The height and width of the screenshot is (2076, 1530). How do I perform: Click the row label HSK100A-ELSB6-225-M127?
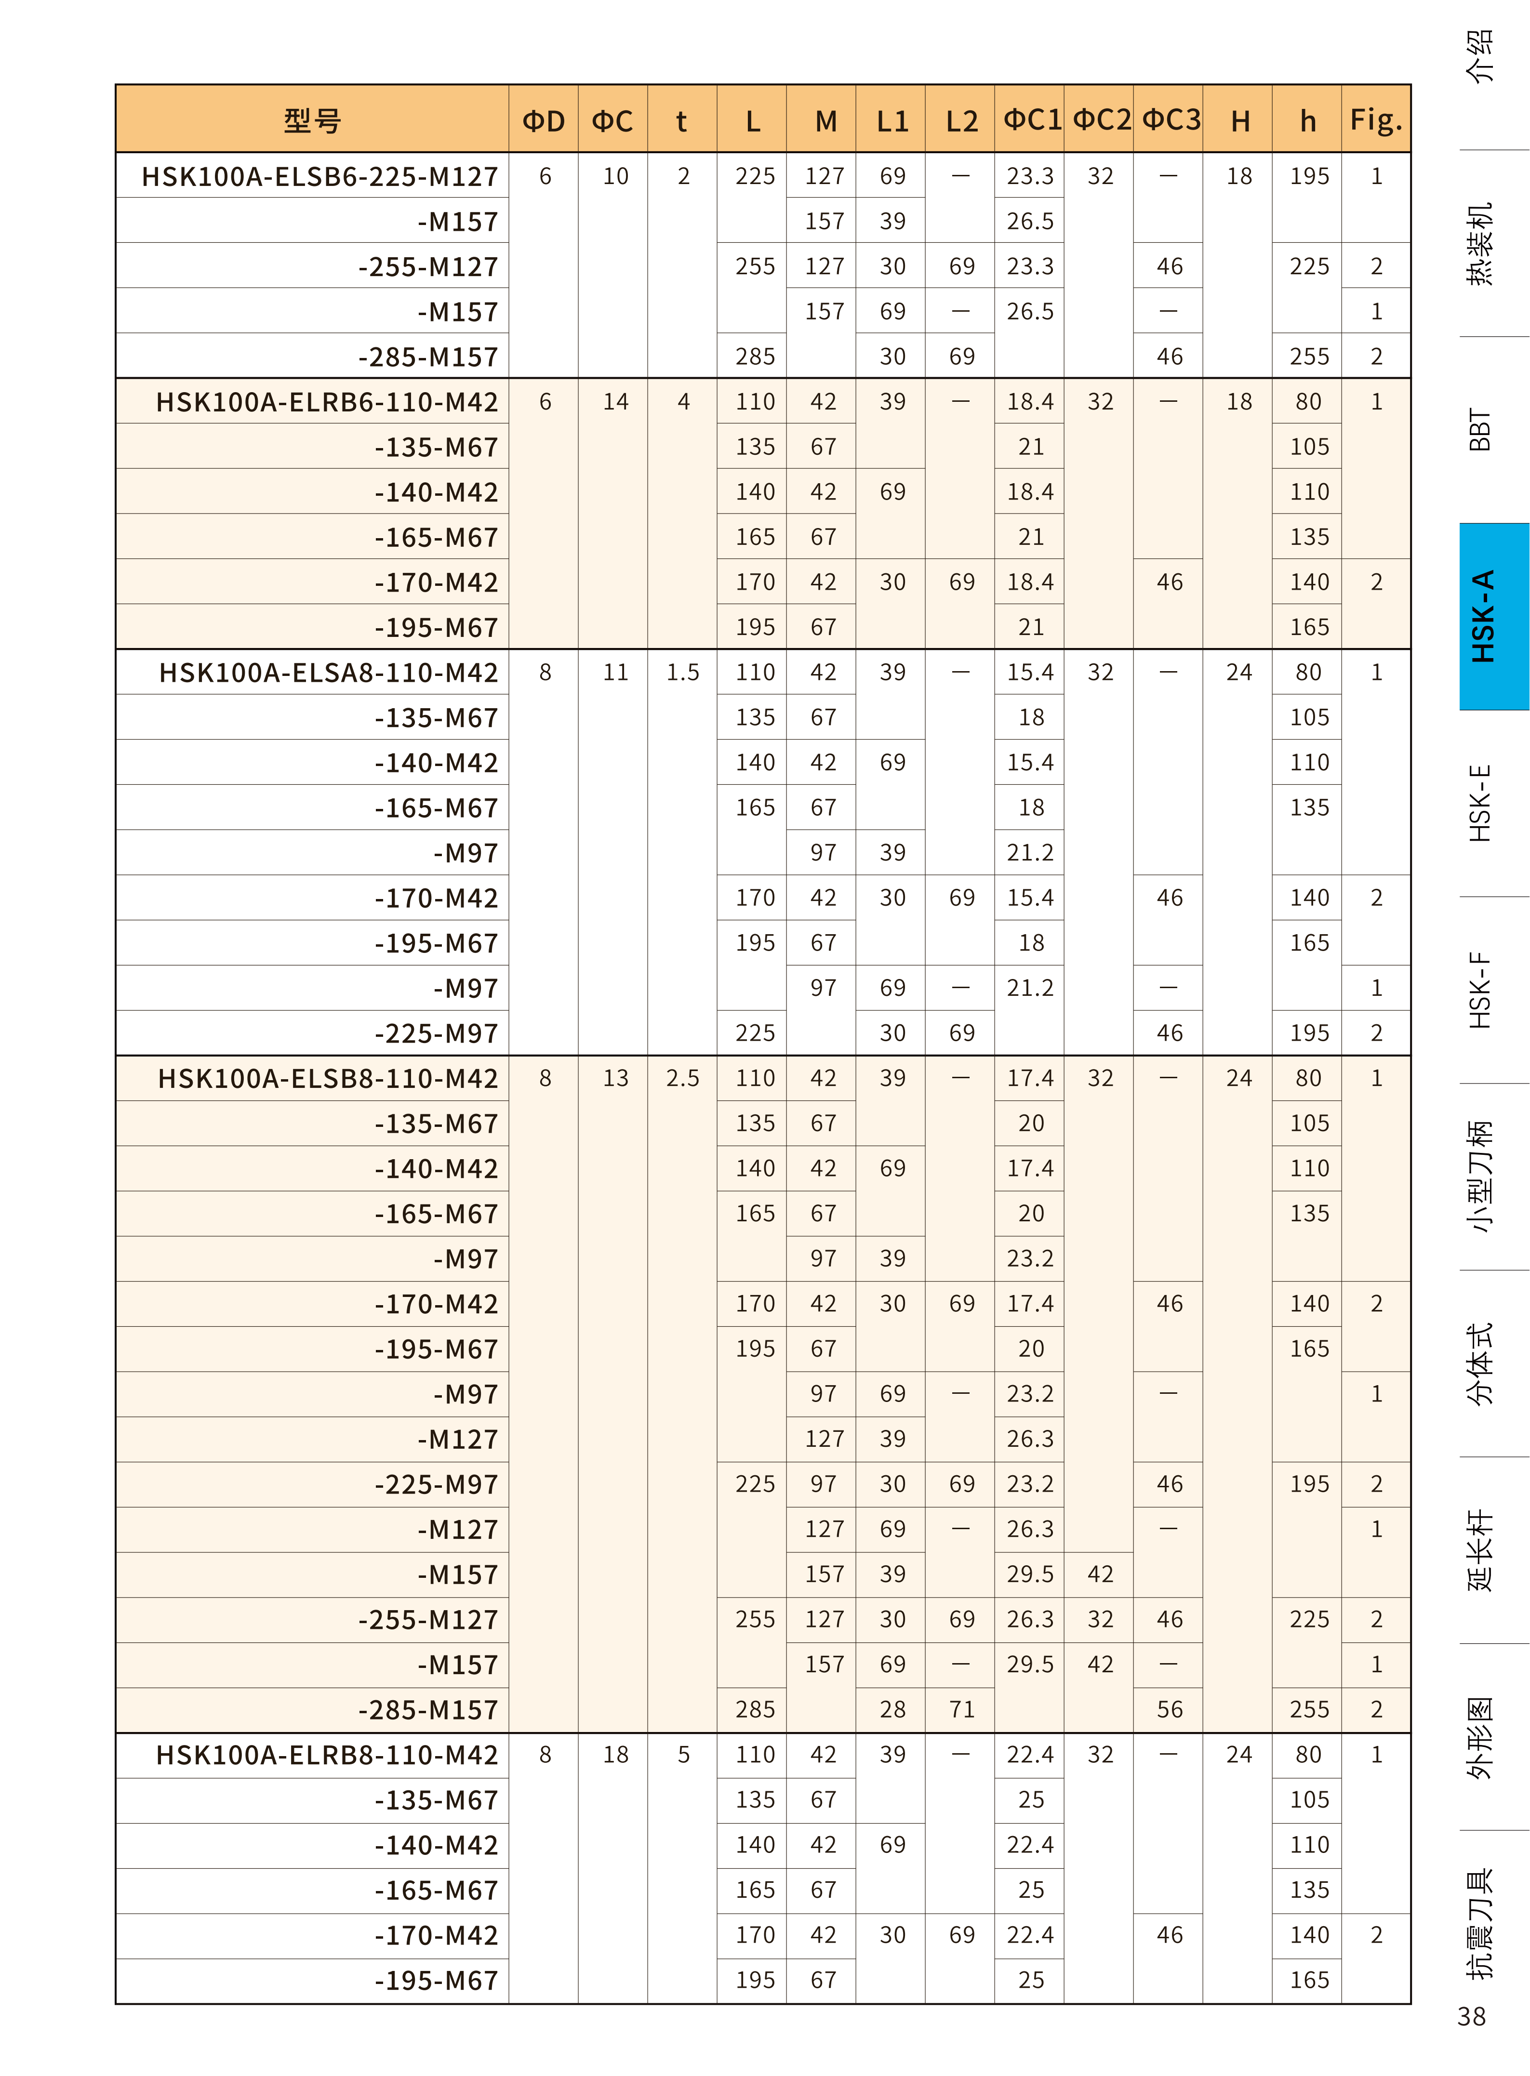click(x=319, y=176)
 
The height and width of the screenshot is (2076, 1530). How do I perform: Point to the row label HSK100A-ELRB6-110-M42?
click(x=327, y=402)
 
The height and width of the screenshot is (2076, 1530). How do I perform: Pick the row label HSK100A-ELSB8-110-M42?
click(x=328, y=1078)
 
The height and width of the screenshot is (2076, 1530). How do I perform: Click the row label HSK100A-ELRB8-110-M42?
click(x=327, y=1755)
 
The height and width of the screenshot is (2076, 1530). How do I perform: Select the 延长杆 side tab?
click(x=1480, y=1550)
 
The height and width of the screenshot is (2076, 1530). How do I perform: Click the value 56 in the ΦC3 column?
click(x=1170, y=1709)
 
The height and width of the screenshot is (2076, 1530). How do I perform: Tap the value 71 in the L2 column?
click(x=961, y=1709)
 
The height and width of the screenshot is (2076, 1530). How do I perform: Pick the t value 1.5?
click(x=682, y=672)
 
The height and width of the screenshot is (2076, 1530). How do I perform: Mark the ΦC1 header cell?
click(x=1031, y=119)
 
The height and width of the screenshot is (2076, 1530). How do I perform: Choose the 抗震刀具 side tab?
click(x=1480, y=1924)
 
